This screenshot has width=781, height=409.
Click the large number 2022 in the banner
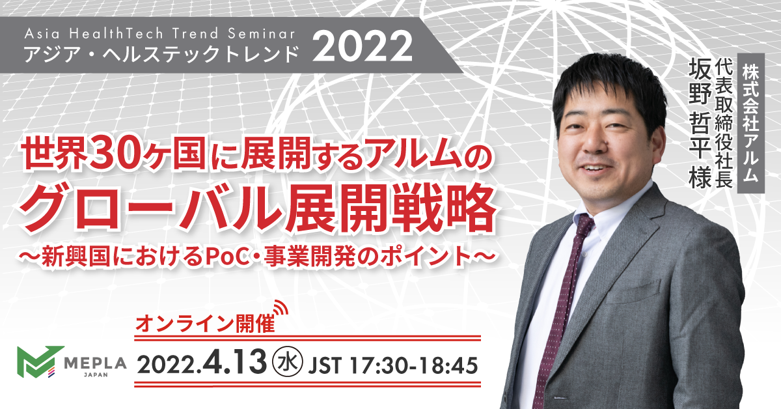coord(363,46)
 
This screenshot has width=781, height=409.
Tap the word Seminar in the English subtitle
coord(262,34)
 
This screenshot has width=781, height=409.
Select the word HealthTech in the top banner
coord(116,34)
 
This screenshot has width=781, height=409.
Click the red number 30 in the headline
coord(115,153)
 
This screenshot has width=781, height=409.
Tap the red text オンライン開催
coord(205,324)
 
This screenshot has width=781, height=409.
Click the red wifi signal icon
coord(281,307)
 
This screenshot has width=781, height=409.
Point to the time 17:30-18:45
coord(414,365)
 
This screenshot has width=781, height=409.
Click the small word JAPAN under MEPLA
coord(96,374)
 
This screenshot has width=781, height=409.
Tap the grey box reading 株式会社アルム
coord(750,123)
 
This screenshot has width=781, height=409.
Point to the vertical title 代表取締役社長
coord(723,123)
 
